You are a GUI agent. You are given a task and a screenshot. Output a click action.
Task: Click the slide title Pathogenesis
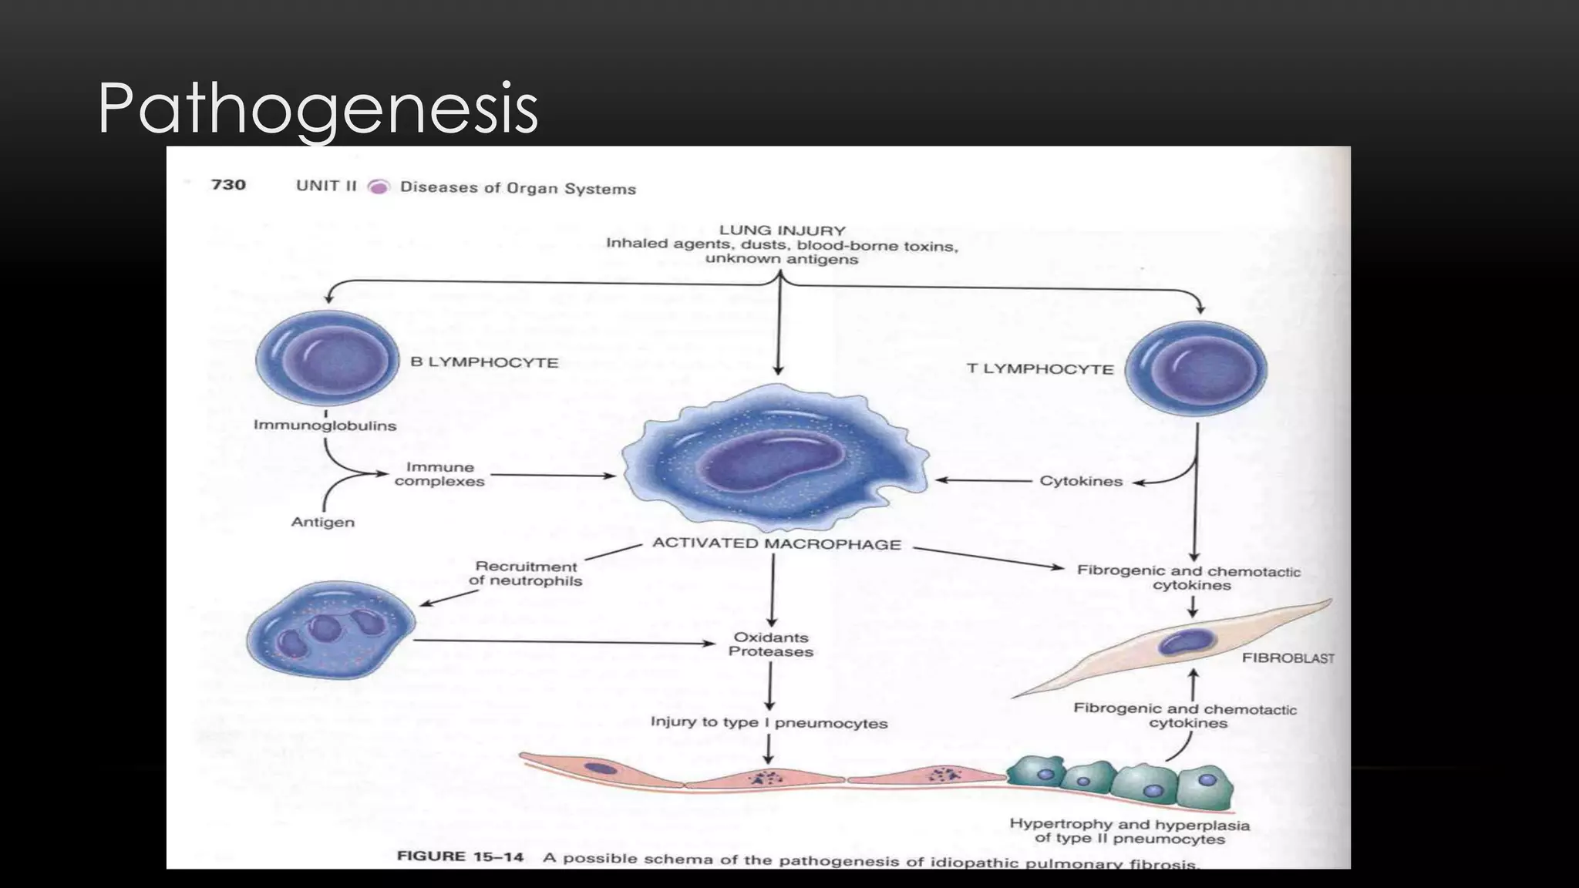click(318, 109)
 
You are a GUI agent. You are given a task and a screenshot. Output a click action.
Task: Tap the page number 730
click(228, 185)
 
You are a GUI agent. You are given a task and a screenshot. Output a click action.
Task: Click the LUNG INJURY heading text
click(782, 230)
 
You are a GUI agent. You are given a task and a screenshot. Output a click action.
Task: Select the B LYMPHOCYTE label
click(484, 362)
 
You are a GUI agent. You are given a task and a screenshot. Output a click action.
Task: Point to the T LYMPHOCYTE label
click(1040, 369)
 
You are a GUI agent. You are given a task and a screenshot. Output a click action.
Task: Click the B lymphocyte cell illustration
click(327, 358)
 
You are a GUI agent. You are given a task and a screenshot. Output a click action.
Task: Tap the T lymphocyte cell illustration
click(1196, 368)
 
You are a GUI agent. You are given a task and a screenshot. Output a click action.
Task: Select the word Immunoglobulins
click(325, 425)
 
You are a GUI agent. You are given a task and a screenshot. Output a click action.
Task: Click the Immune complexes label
click(439, 474)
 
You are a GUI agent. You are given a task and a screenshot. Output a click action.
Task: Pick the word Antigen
click(323, 523)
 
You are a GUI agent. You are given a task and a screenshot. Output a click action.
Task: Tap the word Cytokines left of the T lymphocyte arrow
click(1081, 482)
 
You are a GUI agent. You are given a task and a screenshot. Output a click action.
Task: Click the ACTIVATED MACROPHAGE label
click(776, 544)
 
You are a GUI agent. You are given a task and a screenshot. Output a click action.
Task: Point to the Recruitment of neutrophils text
click(526, 574)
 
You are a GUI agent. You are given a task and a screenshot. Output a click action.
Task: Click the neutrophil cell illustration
click(330, 630)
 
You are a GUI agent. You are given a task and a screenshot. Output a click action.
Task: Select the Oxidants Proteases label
click(771, 644)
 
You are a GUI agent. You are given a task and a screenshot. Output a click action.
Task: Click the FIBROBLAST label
click(1288, 658)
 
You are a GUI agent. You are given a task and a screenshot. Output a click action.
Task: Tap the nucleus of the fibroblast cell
click(1188, 641)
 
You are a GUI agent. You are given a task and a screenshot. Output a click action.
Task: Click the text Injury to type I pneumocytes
click(769, 723)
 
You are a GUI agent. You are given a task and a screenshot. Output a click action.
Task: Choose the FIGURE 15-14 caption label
click(460, 856)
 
